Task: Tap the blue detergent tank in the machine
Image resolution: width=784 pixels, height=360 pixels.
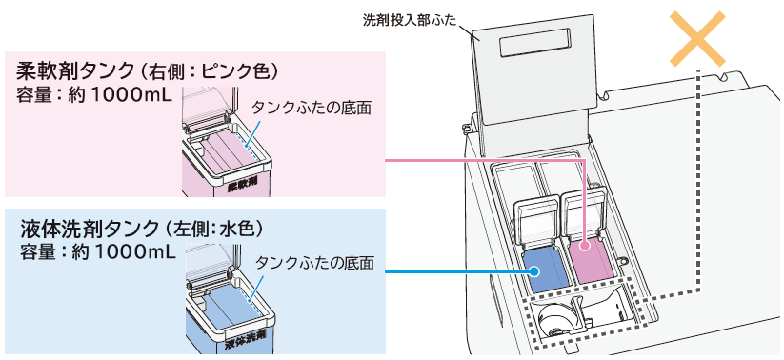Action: [539, 267]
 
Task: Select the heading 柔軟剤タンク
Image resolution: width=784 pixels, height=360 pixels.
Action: [73, 71]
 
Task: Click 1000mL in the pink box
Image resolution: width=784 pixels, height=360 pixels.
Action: [129, 95]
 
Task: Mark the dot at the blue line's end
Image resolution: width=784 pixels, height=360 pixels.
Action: [535, 272]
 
